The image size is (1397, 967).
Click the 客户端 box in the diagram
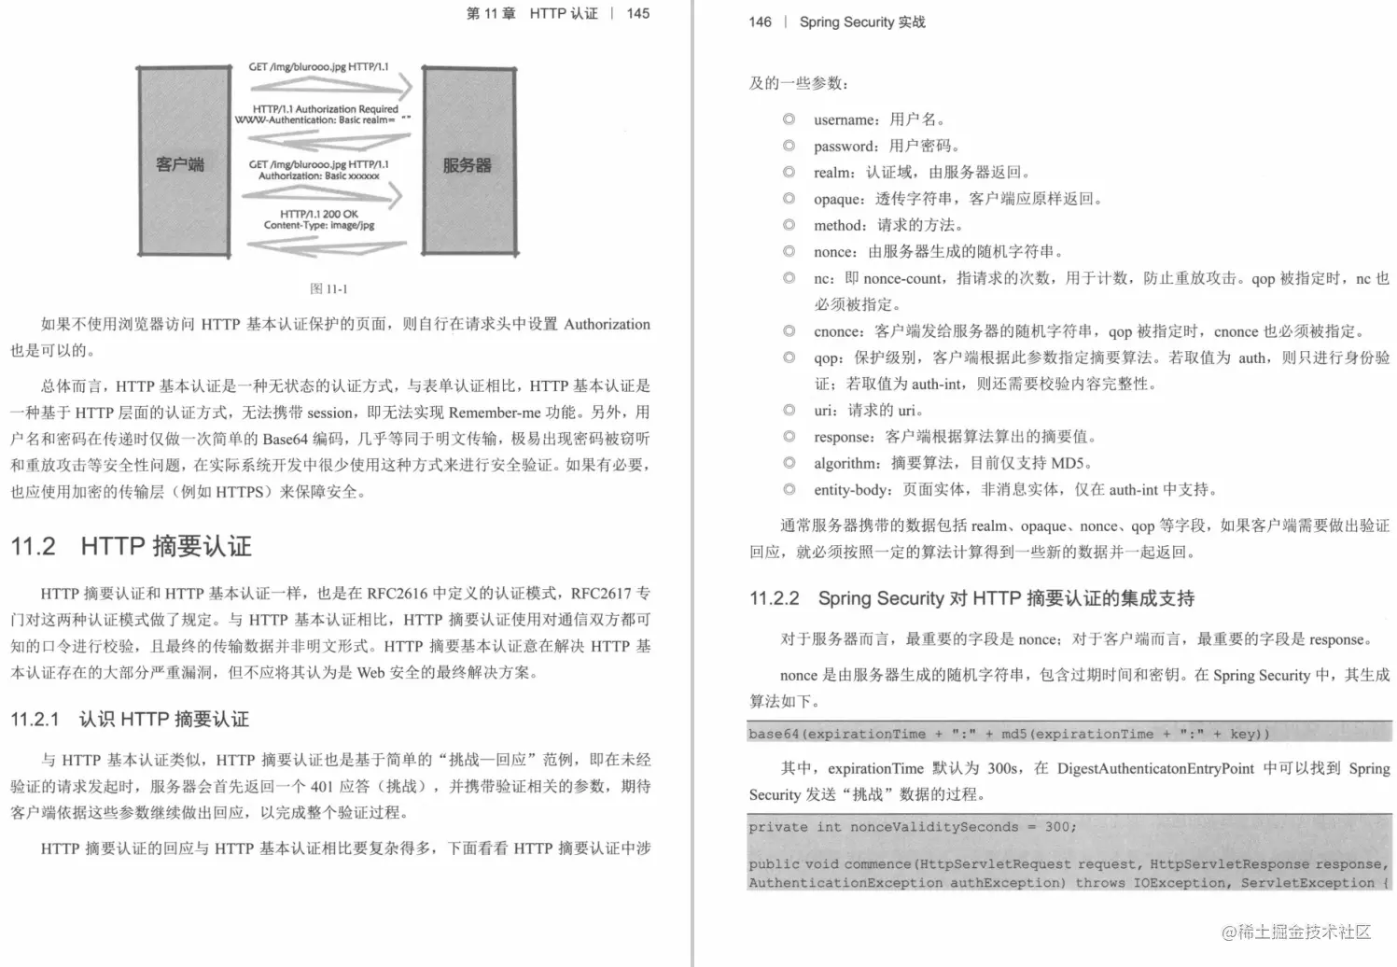(x=183, y=163)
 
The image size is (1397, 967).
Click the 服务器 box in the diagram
(x=468, y=163)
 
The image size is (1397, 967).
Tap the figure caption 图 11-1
(x=328, y=288)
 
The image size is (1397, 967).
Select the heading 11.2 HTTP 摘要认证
(x=132, y=546)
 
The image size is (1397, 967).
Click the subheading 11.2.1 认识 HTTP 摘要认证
(x=130, y=719)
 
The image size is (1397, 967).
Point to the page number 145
(x=638, y=13)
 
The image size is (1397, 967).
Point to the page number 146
(x=760, y=21)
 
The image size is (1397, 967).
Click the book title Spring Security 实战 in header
(x=862, y=21)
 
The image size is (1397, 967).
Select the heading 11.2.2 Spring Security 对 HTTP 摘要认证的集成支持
(x=971, y=598)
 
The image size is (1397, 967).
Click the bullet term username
(x=845, y=119)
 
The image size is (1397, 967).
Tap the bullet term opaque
(x=838, y=199)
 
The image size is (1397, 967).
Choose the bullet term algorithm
(x=846, y=463)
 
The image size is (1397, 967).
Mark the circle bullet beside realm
(x=789, y=172)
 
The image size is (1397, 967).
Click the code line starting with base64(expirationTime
(x=1009, y=734)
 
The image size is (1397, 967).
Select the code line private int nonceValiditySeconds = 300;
(x=912, y=827)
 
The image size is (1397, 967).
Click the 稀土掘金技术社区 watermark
(x=1296, y=932)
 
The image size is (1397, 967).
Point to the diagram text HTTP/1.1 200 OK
(x=318, y=214)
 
